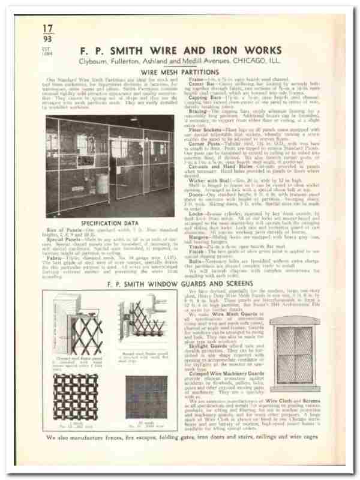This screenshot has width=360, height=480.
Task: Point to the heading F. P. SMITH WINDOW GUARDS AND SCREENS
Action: tap(179, 283)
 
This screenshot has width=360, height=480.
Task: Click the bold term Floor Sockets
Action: tap(202, 128)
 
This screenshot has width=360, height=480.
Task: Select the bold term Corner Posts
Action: tap(202, 144)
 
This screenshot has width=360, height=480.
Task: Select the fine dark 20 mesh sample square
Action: tap(142, 397)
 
